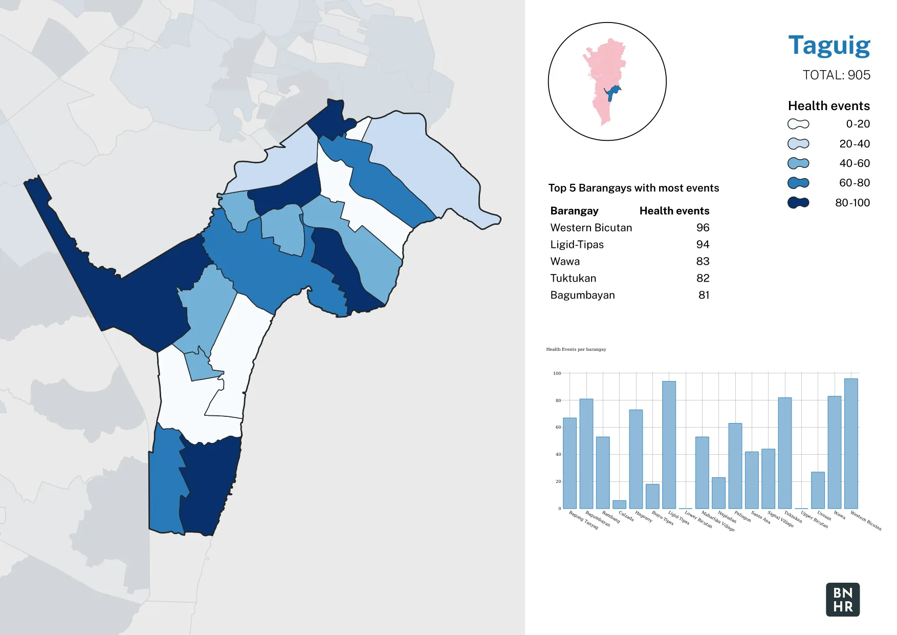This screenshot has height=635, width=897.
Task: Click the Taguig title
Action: coord(829,46)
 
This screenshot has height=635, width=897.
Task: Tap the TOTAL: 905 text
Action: coord(836,75)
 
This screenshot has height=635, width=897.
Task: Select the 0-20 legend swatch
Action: coord(798,124)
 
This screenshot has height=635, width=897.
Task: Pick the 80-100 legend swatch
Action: coord(798,203)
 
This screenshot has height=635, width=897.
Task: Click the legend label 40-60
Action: coord(854,163)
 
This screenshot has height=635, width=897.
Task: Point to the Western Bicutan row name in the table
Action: coord(591,228)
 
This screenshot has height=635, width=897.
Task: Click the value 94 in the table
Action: coord(703,245)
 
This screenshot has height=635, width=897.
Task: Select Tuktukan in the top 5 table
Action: coord(573,278)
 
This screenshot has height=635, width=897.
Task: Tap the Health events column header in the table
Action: coord(674,211)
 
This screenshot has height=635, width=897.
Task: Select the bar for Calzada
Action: coord(619,504)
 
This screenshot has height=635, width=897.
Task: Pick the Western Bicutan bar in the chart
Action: coord(851,443)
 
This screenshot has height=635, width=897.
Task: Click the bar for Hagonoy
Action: coord(636,459)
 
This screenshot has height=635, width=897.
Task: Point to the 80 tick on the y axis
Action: coord(558,400)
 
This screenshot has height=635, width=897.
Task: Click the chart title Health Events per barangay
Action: coord(576,349)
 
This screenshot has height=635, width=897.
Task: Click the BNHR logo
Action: coord(843,600)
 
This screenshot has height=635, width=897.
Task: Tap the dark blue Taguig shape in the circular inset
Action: coord(611,93)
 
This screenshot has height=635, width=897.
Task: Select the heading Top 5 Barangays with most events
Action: coord(633,188)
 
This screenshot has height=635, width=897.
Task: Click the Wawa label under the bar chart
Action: coord(840,515)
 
